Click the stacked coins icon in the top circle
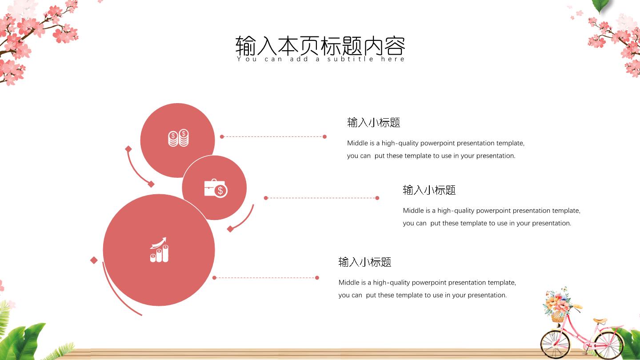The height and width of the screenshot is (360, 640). point(178,138)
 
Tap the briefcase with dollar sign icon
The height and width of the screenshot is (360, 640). point(216,188)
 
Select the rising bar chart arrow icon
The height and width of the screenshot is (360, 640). point(159,250)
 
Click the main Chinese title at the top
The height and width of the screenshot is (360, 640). point(320,46)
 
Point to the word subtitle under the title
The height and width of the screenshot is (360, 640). point(350,59)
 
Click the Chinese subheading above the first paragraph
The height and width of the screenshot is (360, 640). point(373,123)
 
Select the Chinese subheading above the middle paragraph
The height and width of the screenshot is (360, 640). point(429,190)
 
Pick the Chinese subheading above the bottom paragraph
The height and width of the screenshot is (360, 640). point(364,262)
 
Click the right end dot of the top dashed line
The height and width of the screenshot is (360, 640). point(324,136)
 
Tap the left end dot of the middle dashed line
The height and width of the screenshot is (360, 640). point(266,198)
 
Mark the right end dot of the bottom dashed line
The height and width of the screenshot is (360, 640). point(317,278)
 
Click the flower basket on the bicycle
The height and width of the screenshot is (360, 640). point(557,305)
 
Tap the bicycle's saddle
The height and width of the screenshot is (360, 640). point(600,320)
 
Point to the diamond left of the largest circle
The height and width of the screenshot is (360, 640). point(94,260)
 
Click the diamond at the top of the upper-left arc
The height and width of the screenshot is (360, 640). point(128,149)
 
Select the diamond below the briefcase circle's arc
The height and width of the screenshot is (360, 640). point(230,229)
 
